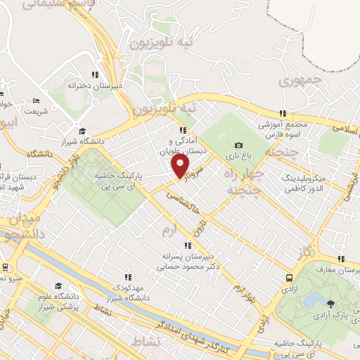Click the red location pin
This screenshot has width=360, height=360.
(181, 166)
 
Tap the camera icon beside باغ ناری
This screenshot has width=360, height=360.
(238, 146)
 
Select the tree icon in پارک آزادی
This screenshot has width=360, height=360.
(331, 303)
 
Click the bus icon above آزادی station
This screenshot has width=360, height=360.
(288, 277)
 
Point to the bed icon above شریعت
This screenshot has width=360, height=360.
(37, 100)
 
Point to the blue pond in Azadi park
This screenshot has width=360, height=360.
(310, 301)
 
